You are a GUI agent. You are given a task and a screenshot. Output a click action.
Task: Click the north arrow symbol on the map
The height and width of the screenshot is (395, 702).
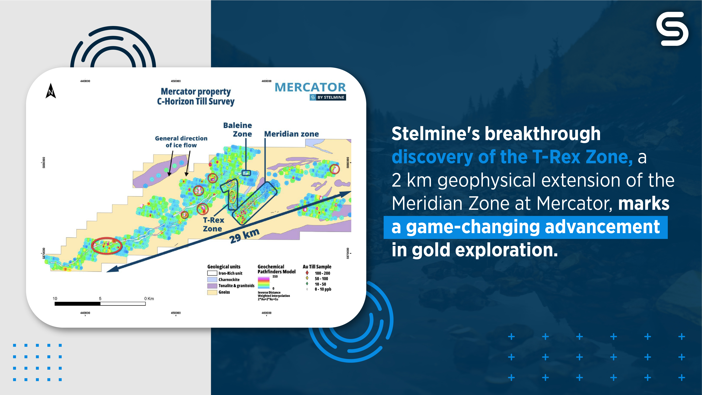[51, 91]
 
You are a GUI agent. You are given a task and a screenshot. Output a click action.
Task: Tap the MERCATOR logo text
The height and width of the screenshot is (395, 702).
[310, 87]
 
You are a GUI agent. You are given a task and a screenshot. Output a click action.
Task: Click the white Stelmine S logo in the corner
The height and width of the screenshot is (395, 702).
[672, 29]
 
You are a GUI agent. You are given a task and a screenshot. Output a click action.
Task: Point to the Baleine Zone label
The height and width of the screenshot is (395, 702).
[238, 130]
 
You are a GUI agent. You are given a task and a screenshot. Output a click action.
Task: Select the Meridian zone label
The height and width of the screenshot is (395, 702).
[291, 134]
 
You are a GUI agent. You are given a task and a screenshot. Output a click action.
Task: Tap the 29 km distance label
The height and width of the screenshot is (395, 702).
[244, 236]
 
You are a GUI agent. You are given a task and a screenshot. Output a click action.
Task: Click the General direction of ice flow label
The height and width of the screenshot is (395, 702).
[181, 141]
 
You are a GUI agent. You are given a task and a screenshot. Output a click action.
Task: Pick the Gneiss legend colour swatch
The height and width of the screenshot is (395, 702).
[212, 292]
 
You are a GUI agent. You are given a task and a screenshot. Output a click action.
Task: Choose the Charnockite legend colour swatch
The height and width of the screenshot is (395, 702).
[212, 280]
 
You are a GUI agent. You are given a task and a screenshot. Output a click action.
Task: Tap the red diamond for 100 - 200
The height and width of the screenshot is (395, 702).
[307, 273]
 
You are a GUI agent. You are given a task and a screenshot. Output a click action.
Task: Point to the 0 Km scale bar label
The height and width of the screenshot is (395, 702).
[149, 298]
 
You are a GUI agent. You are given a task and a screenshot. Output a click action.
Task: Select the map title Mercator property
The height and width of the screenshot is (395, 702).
[196, 92]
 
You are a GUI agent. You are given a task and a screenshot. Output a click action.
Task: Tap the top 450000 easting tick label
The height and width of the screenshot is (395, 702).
[176, 81]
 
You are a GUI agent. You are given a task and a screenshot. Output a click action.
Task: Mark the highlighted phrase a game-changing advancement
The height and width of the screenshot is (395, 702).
[526, 227]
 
